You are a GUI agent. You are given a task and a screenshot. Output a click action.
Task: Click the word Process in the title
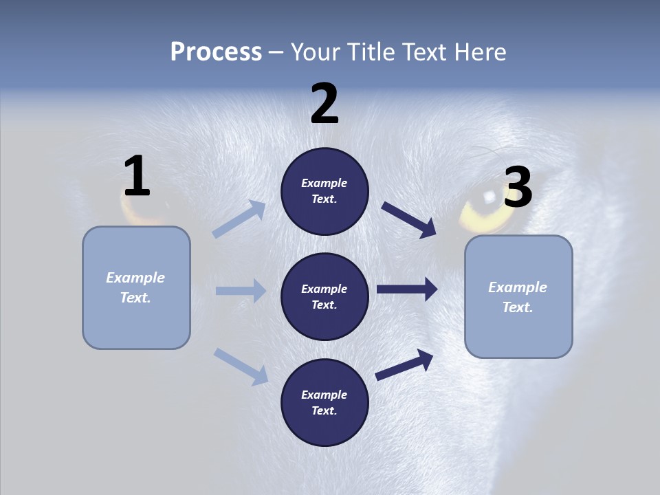[216, 52]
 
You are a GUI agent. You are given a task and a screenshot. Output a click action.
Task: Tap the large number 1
[137, 176]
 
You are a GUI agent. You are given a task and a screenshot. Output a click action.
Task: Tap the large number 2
[324, 104]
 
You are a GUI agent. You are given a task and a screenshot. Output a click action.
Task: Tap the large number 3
[518, 187]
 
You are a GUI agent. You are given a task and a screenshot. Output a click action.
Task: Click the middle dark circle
[324, 296]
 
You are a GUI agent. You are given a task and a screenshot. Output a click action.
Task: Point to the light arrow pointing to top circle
[239, 219]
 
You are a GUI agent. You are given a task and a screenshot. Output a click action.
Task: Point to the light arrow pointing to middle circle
[241, 291]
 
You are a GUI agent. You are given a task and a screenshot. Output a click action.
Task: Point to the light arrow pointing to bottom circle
[241, 366]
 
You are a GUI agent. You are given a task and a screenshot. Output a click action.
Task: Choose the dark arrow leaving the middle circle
[407, 289]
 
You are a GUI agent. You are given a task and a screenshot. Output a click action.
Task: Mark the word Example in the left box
[135, 278]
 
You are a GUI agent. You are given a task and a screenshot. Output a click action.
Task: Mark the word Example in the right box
[518, 287]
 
